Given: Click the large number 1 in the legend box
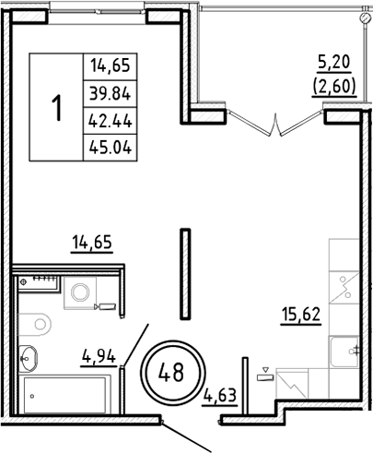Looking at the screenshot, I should click(57, 107).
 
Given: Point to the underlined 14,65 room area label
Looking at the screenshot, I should click(90, 244).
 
